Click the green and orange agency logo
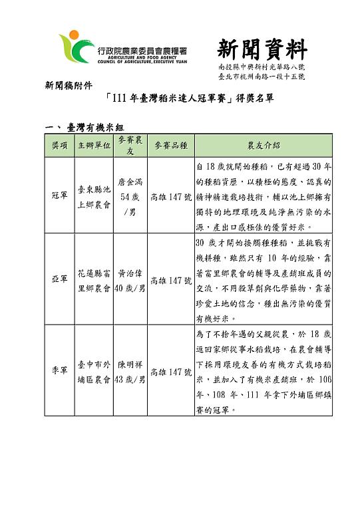pyautogui.click(x=74, y=48)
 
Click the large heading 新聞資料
pyautogui.click(x=262, y=49)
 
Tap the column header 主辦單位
pyautogui.click(x=93, y=145)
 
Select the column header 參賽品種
pyautogui.click(x=170, y=145)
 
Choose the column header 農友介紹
pyautogui.click(x=263, y=145)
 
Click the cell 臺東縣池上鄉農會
pyautogui.click(x=93, y=196)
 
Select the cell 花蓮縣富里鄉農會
pyautogui.click(x=93, y=280)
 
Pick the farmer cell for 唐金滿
pyautogui.click(x=130, y=196)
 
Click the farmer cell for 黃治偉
pyautogui.click(x=130, y=280)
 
